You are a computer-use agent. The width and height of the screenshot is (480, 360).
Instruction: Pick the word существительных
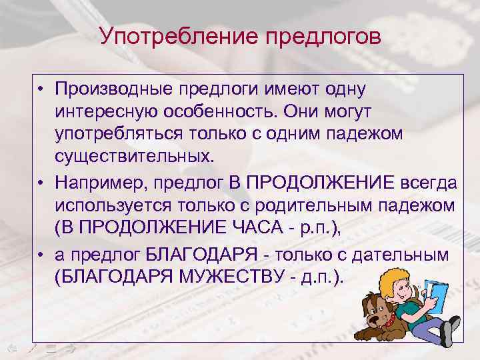click(x=136, y=157)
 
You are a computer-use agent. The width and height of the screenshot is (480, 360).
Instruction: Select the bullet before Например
click(x=41, y=182)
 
